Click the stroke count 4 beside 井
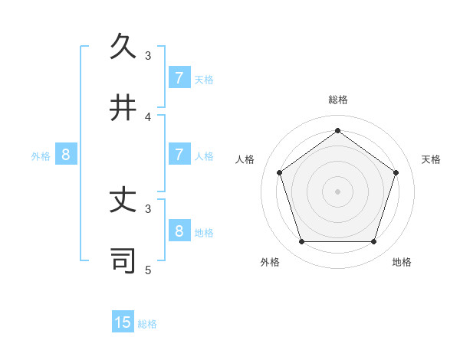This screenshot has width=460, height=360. click(148, 116)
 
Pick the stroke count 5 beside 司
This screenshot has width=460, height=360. click(148, 270)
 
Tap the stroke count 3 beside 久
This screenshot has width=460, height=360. click(148, 55)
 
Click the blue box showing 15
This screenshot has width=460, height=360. click(123, 322)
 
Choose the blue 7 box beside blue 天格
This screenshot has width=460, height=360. click(179, 78)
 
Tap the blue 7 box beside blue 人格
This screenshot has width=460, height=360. click(179, 155)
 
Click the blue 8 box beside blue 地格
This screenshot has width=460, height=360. click(179, 231)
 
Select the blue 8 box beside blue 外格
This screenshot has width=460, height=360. click(66, 155)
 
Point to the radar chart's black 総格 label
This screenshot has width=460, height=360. click(337, 100)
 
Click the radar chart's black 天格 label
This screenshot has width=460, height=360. click(431, 159)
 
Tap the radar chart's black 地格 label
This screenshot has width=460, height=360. click(402, 262)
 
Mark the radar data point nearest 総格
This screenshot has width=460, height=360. click(337, 130)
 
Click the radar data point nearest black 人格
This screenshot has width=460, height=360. click(279, 172)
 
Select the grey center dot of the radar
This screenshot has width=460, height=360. click(337, 191)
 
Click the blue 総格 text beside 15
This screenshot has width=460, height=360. click(147, 324)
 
